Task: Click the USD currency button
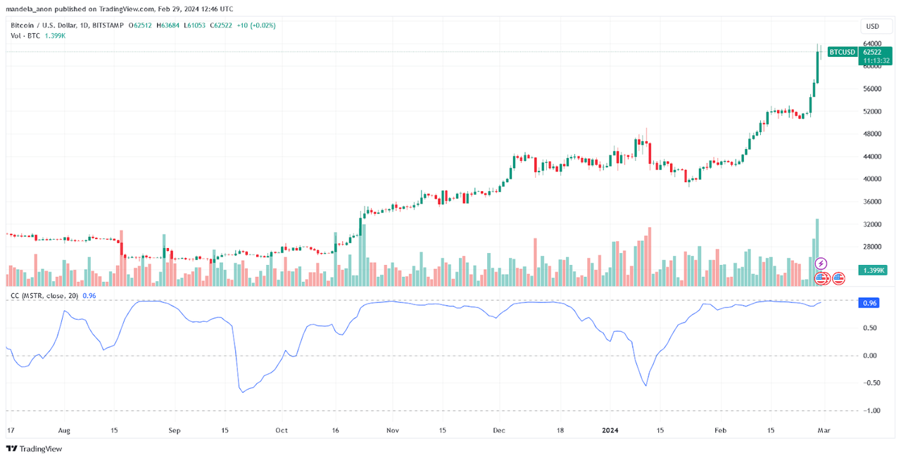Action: (x=872, y=27)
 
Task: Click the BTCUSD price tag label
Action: (x=842, y=52)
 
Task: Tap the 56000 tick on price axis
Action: (x=872, y=89)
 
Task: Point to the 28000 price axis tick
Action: (x=872, y=247)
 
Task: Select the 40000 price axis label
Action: (x=872, y=179)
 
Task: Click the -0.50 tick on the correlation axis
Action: (x=871, y=383)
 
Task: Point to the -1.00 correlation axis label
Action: (x=871, y=410)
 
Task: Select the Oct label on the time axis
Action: (x=282, y=429)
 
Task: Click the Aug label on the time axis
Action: (x=64, y=429)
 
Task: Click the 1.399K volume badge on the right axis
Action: (x=873, y=271)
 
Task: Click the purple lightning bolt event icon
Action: (x=821, y=264)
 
